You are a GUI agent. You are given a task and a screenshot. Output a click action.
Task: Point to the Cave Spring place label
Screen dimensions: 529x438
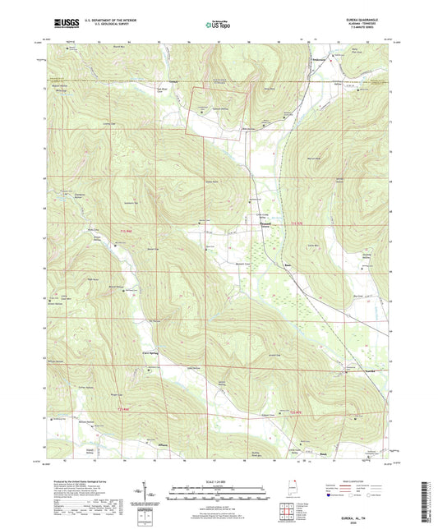click(x=140, y=355)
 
